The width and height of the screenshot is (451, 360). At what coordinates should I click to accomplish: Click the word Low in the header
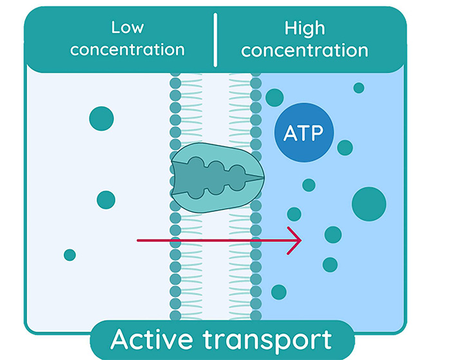pos(127,28)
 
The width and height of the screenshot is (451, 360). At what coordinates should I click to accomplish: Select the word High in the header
pos(305,28)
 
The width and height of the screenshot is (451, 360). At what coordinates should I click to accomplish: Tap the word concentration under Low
pos(127,50)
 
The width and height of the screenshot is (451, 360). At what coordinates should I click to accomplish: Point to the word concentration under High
pos(305,50)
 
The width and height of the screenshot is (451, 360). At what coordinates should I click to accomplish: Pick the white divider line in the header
pos(215,39)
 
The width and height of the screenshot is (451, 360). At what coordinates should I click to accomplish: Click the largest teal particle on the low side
pos(101,118)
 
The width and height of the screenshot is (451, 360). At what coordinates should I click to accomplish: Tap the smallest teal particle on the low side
pos(70,255)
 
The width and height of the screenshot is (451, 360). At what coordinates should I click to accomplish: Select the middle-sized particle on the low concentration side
pos(106,200)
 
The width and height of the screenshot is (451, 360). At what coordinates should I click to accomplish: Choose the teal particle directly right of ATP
pos(345,147)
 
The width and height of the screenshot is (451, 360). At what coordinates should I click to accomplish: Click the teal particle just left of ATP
pos(274,97)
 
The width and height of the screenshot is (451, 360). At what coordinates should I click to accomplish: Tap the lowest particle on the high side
pos(278,292)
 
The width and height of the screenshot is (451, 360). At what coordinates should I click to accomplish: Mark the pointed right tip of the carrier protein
pos(262,176)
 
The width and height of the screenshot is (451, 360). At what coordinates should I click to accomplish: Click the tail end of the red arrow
pos(138,241)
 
